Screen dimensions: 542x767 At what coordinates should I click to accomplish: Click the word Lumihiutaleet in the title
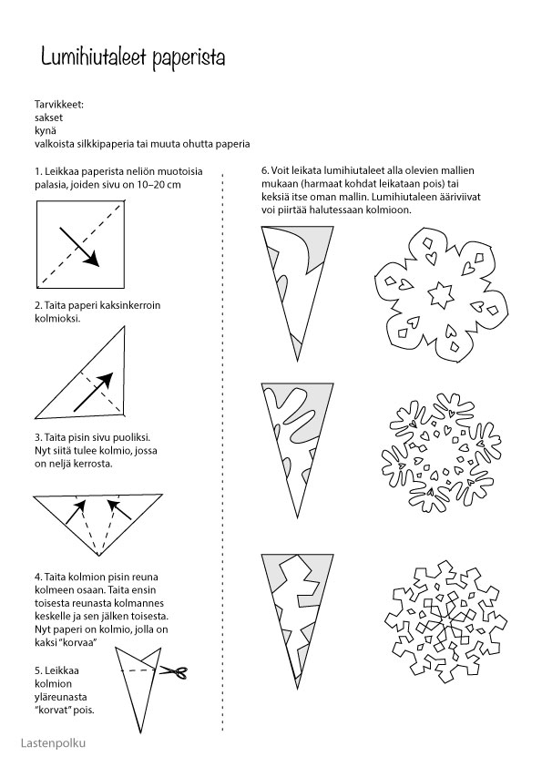click(94, 56)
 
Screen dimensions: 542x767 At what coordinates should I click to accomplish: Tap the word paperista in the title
click(189, 58)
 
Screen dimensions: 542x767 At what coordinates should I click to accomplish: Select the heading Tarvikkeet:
click(59, 104)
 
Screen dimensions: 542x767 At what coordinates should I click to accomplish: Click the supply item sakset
click(48, 118)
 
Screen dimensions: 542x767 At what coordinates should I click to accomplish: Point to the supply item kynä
click(46, 131)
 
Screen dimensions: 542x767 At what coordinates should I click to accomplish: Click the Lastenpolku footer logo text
click(54, 742)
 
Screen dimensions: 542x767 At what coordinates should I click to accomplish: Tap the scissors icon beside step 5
click(174, 672)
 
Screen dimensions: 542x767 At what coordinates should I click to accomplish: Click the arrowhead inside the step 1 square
click(91, 260)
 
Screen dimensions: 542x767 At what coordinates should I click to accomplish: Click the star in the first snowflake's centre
click(441, 295)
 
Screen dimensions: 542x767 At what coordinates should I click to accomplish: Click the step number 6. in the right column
click(265, 170)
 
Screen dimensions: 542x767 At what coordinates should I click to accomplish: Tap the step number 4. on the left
click(38, 577)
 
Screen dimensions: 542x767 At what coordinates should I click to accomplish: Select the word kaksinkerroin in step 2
click(129, 305)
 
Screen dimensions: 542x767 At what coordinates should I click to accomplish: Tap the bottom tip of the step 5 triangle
click(136, 732)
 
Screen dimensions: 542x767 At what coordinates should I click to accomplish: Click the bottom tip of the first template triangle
click(297, 362)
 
